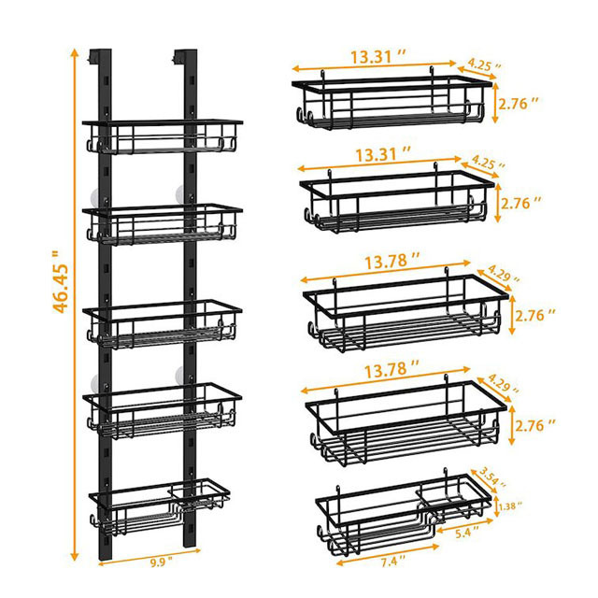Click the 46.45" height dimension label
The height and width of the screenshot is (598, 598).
(61, 281)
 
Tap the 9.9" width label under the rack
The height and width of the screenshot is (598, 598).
(158, 562)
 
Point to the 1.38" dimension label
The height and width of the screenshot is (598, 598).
(511, 506)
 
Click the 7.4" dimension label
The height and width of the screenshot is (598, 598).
(390, 562)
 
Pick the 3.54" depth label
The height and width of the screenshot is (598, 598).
(492, 477)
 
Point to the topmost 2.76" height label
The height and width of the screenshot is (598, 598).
(519, 104)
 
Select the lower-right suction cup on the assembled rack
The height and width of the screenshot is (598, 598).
(181, 376)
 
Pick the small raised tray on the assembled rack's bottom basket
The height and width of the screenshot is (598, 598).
(201, 494)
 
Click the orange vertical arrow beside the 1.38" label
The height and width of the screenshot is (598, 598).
(496, 506)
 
